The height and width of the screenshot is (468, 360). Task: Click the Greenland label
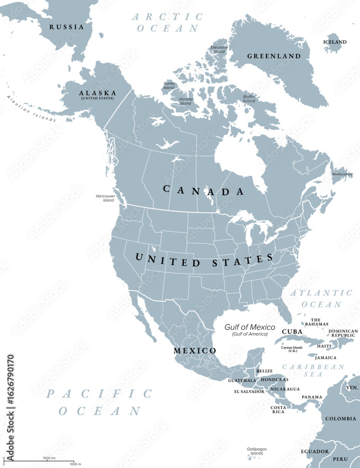tap(274, 56)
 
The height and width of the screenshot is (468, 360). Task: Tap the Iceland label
tap(335, 42)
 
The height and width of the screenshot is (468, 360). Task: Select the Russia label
tap(67, 27)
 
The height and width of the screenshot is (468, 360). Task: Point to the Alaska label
tap(97, 94)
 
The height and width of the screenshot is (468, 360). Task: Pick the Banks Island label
tap(169, 86)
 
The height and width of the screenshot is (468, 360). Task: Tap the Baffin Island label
tap(249, 99)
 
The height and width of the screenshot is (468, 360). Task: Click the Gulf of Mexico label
tap(250, 328)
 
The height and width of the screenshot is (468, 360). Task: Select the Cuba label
tap(292, 331)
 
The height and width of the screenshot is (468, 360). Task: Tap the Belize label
tap(265, 371)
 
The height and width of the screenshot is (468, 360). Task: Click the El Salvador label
tap(249, 391)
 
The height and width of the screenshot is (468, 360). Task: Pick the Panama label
tap(311, 397)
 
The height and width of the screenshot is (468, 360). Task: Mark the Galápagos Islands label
tap(256, 452)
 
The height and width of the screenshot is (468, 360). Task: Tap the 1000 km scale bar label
tap(50, 457)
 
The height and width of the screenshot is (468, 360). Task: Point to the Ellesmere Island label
tap(218, 49)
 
